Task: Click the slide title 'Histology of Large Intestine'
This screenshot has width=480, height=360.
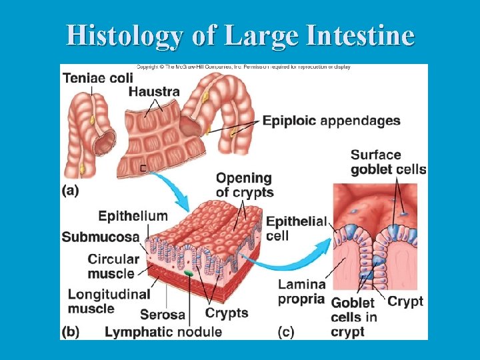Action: point(240,35)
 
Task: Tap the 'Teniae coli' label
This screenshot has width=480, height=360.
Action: point(97,78)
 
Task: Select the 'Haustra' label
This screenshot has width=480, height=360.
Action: point(154,91)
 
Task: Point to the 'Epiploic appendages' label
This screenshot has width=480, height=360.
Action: point(331,121)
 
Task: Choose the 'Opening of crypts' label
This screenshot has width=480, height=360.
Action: point(244,185)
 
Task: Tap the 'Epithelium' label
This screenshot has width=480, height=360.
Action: point(133,216)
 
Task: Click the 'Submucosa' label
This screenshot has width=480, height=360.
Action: point(101,237)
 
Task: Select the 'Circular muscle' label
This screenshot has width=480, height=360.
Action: point(113,265)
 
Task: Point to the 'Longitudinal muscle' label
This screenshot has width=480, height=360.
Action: point(109,301)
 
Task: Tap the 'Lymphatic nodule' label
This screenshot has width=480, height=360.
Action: point(163,331)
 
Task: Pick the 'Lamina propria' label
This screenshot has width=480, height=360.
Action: point(301,291)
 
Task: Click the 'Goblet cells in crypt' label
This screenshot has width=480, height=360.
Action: point(353,317)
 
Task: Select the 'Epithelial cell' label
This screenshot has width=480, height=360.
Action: point(296,229)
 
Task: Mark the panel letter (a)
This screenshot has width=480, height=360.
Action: point(71,190)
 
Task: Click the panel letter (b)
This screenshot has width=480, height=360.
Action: point(71,331)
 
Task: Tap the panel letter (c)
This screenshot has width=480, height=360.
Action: point(286,331)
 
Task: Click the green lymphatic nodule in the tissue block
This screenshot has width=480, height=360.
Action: point(189,273)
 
